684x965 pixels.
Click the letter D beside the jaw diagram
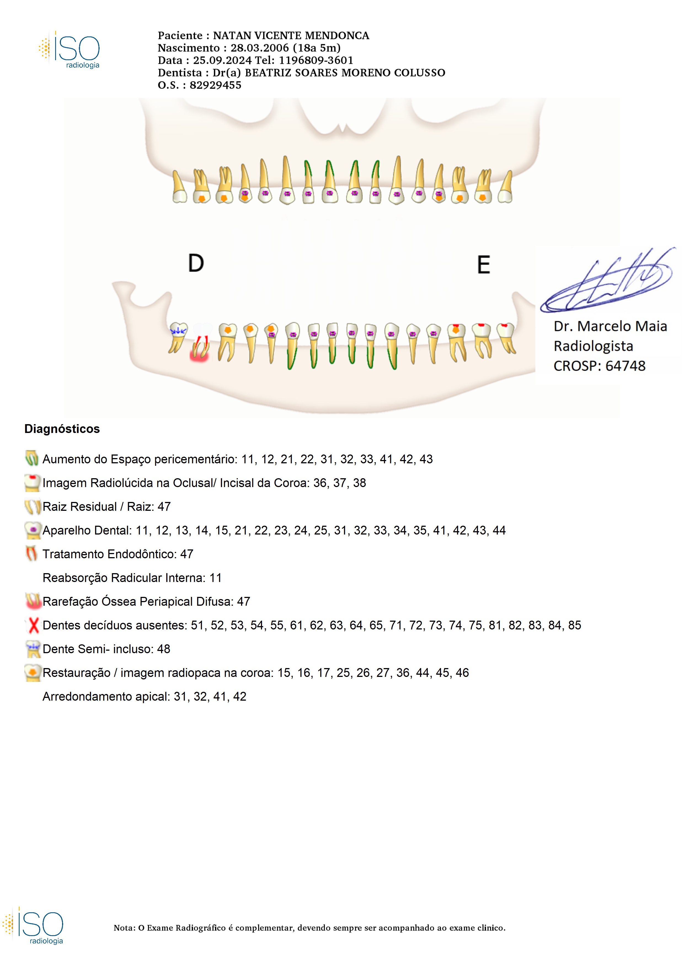[196, 263]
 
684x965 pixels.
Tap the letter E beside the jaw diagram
[483, 265]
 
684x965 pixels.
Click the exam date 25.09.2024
[222, 60]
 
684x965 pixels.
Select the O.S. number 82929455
[215, 85]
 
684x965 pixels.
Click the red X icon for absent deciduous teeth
[33, 625]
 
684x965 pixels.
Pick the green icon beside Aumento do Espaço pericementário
[32, 458]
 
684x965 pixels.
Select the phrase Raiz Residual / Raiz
[80, 507]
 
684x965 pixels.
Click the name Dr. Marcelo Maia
[610, 326]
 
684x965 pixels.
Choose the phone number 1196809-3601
[316, 60]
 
